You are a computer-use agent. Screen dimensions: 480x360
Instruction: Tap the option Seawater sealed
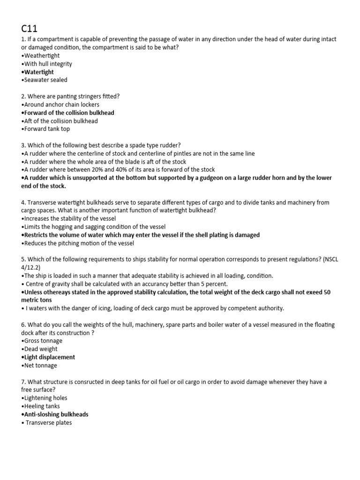click(45, 80)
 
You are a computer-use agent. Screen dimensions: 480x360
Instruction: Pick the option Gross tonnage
click(43, 341)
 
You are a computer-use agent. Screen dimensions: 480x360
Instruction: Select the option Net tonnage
click(40, 365)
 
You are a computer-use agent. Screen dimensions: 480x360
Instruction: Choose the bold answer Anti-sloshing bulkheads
click(56, 414)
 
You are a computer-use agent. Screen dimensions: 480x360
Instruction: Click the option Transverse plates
click(49, 423)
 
